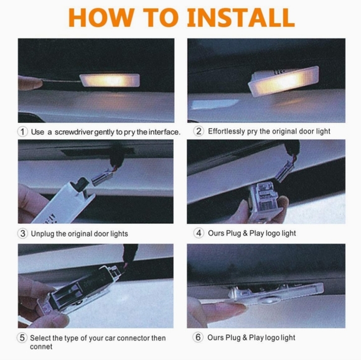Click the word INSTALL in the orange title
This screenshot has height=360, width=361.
[x=241, y=18]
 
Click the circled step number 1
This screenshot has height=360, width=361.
[x=22, y=132]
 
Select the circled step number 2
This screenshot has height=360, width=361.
[x=199, y=131]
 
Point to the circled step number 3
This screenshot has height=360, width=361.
[x=22, y=234]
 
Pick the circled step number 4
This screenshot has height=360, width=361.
[x=199, y=233]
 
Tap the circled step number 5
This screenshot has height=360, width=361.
[x=22, y=338]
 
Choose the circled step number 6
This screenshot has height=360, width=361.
[x=198, y=338]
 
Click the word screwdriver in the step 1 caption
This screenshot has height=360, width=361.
[x=74, y=132]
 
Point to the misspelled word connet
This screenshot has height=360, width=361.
[x=41, y=347]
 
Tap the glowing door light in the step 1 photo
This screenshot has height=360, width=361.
[x=110, y=80]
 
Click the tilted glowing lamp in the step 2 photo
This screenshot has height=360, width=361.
[x=284, y=81]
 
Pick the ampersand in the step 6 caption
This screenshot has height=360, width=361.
[x=245, y=338]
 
